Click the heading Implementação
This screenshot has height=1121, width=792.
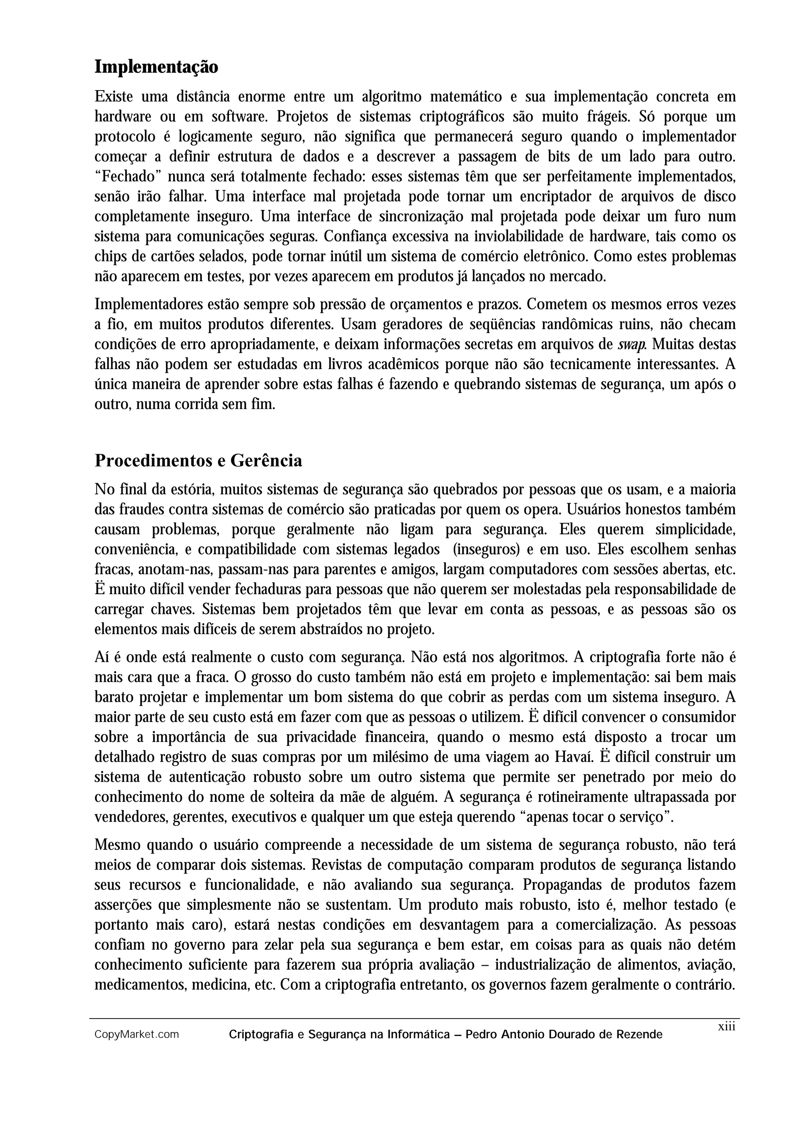(156, 67)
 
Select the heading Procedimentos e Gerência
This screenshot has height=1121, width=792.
(198, 460)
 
